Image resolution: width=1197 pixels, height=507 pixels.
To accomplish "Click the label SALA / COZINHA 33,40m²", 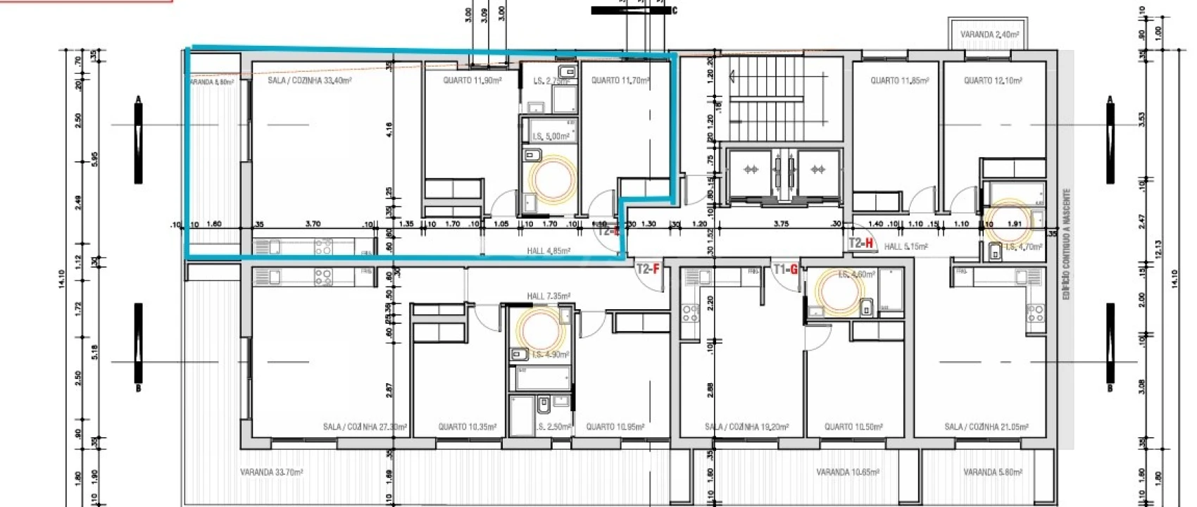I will [310, 81].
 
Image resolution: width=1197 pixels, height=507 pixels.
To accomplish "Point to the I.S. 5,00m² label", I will [551, 137].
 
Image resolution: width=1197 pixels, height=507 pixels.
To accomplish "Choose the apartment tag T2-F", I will [648, 268].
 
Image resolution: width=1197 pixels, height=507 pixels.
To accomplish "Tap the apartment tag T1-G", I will [785, 269].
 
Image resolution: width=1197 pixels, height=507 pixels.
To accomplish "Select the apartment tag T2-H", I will [861, 244].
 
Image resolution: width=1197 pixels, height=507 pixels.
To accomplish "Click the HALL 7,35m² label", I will [549, 296].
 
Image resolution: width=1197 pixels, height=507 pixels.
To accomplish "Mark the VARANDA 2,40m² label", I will [991, 35].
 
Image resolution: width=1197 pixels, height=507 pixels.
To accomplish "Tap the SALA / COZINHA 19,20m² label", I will [746, 427].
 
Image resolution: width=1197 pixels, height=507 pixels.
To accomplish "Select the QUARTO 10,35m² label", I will [468, 427].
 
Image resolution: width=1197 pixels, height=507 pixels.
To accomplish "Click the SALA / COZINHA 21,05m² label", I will [986, 427].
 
